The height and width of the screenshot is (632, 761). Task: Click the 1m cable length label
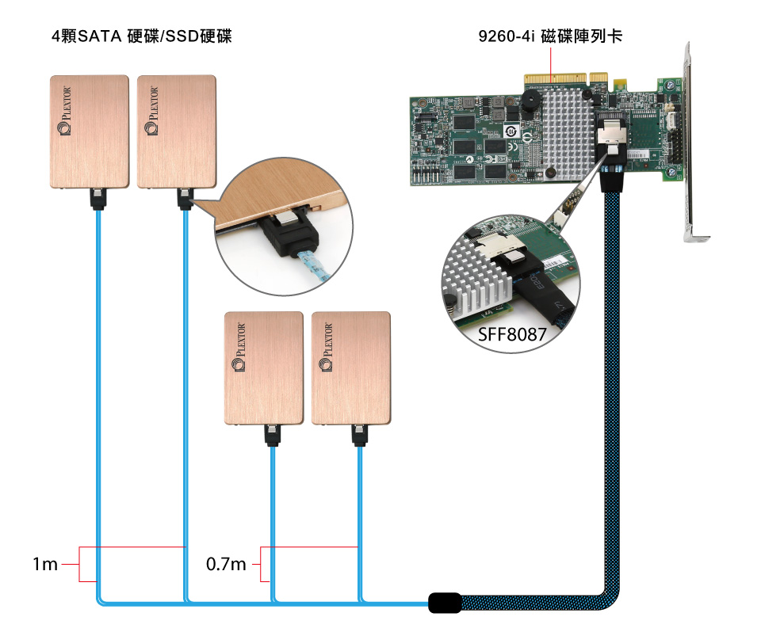pos(44,565)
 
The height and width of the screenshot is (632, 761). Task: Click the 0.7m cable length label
pos(226,565)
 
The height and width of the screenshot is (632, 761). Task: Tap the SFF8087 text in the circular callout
pos(512,335)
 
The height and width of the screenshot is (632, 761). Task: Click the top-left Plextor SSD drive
pos(89,131)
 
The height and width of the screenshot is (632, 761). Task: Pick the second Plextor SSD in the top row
pos(176,131)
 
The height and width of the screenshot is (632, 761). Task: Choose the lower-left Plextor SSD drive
pos(264,368)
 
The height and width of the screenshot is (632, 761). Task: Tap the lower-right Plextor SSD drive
pos(351,368)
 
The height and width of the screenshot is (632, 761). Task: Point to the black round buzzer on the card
pos(530,101)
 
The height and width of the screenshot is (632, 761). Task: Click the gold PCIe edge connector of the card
pos(555,81)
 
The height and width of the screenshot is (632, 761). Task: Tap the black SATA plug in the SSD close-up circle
pos(288,235)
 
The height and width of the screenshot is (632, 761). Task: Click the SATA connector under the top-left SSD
pos(98,198)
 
